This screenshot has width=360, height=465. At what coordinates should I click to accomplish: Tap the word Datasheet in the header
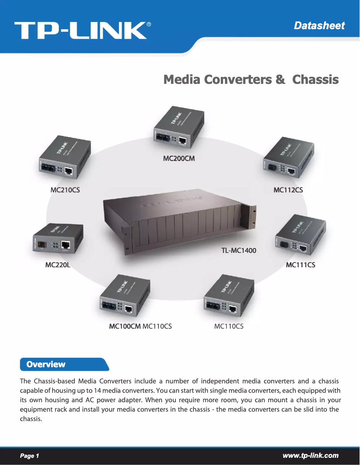319,26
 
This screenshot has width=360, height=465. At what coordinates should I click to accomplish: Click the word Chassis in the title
315,80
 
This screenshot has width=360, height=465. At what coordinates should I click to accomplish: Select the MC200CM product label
179,158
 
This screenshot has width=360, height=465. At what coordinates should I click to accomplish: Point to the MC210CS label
65,190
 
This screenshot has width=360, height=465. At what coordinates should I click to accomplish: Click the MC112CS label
288,190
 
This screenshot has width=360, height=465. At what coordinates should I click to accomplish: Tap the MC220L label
58,265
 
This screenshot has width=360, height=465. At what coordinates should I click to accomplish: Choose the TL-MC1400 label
238,250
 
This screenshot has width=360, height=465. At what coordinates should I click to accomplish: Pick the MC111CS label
300,265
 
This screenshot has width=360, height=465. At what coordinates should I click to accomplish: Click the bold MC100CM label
125,326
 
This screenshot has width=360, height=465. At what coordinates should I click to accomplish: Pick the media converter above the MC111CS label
300,236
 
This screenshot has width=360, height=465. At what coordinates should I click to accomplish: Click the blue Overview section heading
46,364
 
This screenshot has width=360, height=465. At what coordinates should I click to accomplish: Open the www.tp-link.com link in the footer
310,456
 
